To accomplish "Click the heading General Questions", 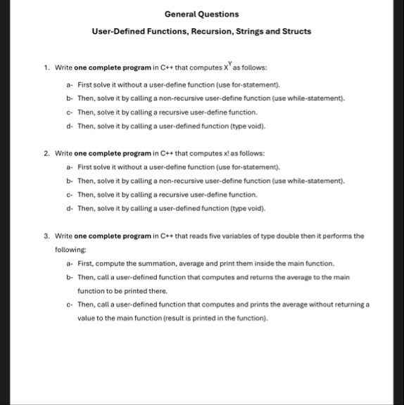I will pyautogui.click(x=201, y=13).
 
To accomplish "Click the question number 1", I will pyautogui.click(x=45, y=68).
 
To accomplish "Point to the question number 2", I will pyautogui.click(x=45, y=153).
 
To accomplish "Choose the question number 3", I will pyautogui.click(x=45, y=236).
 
